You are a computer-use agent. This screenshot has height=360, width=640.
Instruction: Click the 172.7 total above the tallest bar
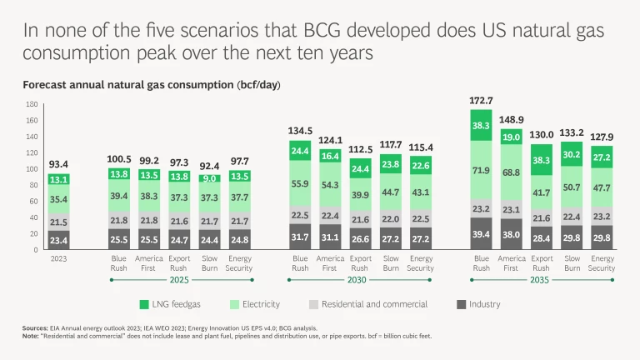[x=481, y=101]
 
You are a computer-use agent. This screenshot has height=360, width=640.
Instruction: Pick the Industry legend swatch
[x=462, y=303]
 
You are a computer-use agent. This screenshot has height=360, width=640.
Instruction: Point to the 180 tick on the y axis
[x=32, y=104]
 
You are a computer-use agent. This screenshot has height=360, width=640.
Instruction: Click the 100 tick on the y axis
[x=32, y=168]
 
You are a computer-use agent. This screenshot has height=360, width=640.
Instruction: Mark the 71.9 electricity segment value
[x=481, y=170]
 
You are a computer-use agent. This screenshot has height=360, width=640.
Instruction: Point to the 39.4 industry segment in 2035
[x=481, y=234]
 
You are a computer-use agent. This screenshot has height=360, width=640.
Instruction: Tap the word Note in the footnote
[x=31, y=336]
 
